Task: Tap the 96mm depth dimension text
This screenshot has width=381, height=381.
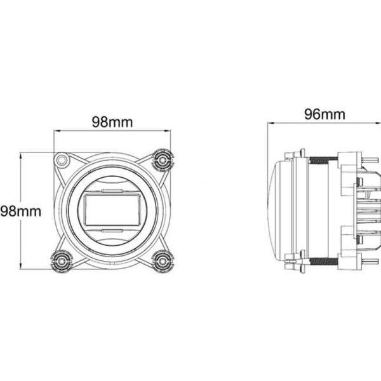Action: [324, 114]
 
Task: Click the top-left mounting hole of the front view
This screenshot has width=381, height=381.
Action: [62, 159]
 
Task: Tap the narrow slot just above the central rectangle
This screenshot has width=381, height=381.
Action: [112, 190]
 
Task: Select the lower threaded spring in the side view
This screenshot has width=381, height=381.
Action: [322, 259]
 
